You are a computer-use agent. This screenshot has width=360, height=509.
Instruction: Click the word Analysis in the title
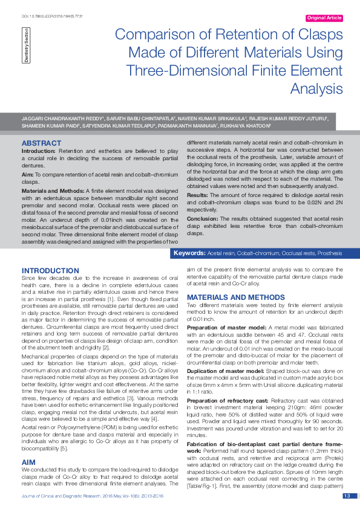(x=316, y=88)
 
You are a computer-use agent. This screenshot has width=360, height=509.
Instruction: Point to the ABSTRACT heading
(x=41, y=143)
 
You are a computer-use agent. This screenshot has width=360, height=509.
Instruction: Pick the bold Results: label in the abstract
(x=198, y=196)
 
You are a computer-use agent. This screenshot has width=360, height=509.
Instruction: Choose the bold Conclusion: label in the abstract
(x=202, y=218)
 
